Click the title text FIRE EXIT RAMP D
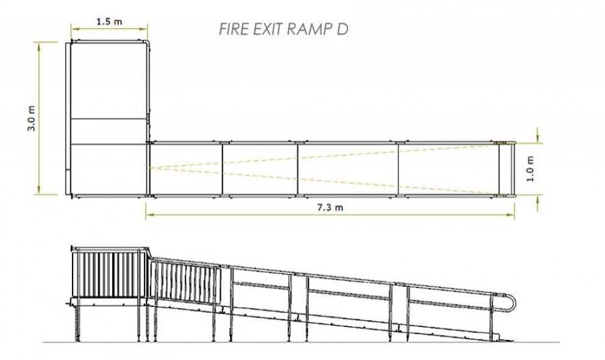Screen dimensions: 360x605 point(283,29)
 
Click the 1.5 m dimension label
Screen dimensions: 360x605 point(109,21)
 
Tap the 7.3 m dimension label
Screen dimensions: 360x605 point(330,207)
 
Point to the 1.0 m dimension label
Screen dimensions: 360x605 point(530,168)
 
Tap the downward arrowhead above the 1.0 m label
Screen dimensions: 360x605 point(538,139)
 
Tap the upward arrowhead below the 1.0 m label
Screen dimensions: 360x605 point(538,199)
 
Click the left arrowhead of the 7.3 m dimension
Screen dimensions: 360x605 point(148,214)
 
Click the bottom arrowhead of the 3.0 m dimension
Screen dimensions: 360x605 point(39,193)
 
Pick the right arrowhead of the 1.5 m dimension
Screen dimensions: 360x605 point(145,27)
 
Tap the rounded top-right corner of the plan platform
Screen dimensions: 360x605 point(147,44)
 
